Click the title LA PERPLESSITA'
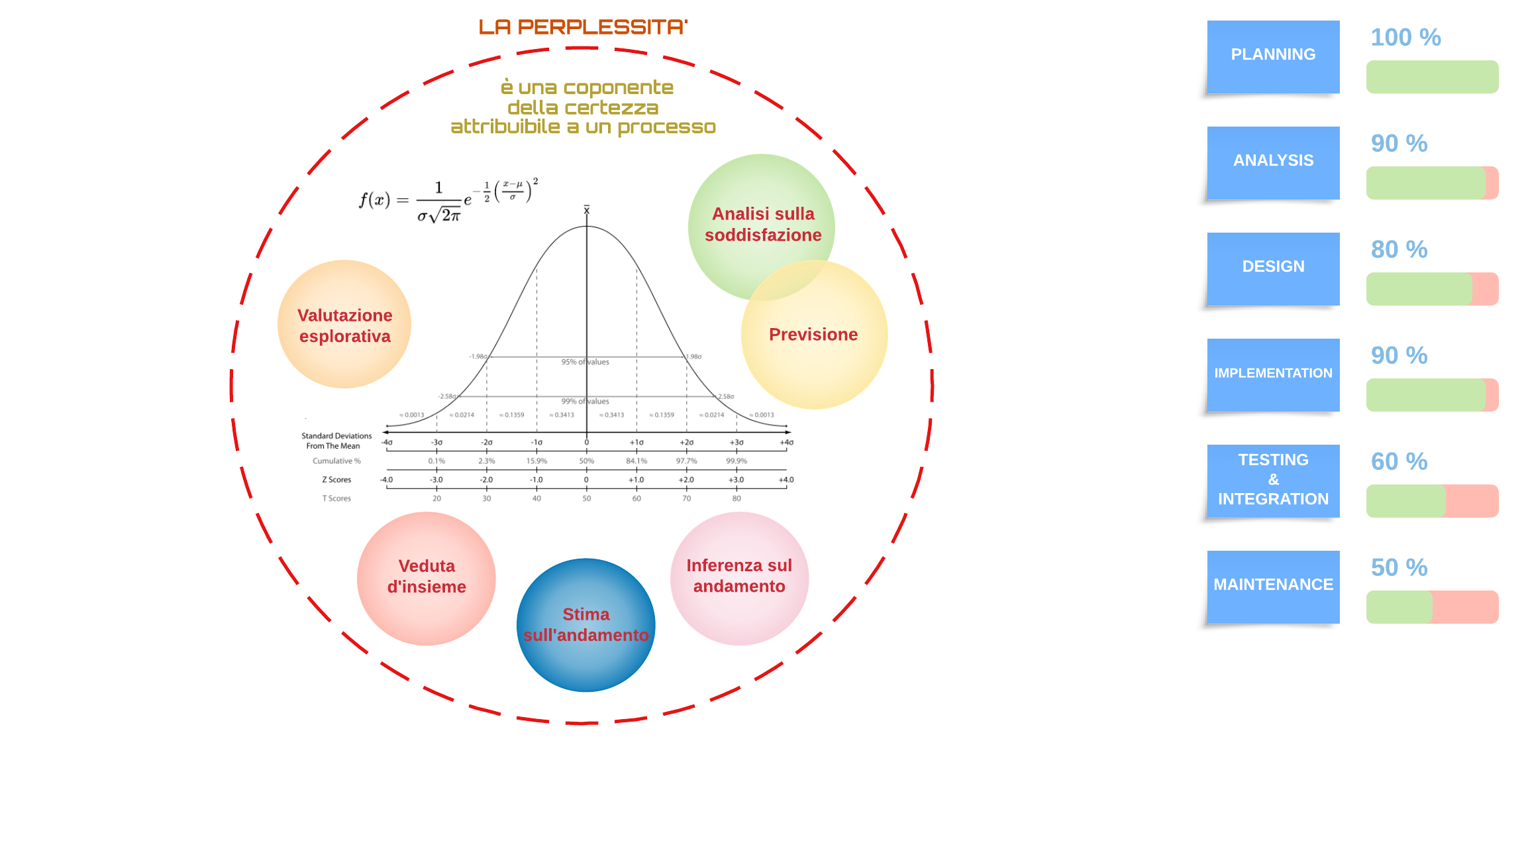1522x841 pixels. pos(583,27)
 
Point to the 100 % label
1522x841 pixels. pos(1405,38)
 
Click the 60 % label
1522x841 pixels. pos(1399,462)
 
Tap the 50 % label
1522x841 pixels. pos(1399,568)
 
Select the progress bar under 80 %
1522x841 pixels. pos(1432,289)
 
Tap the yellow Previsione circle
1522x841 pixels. pos(814,335)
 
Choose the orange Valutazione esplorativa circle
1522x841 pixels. pos(344,325)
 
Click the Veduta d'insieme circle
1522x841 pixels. pos(427,577)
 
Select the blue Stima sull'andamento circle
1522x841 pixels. pos(586,625)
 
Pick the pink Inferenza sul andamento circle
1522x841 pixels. pos(739,577)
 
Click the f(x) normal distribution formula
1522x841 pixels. pos(448,201)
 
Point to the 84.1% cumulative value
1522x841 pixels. pos(636,461)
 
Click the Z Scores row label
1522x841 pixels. pos(336,480)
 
